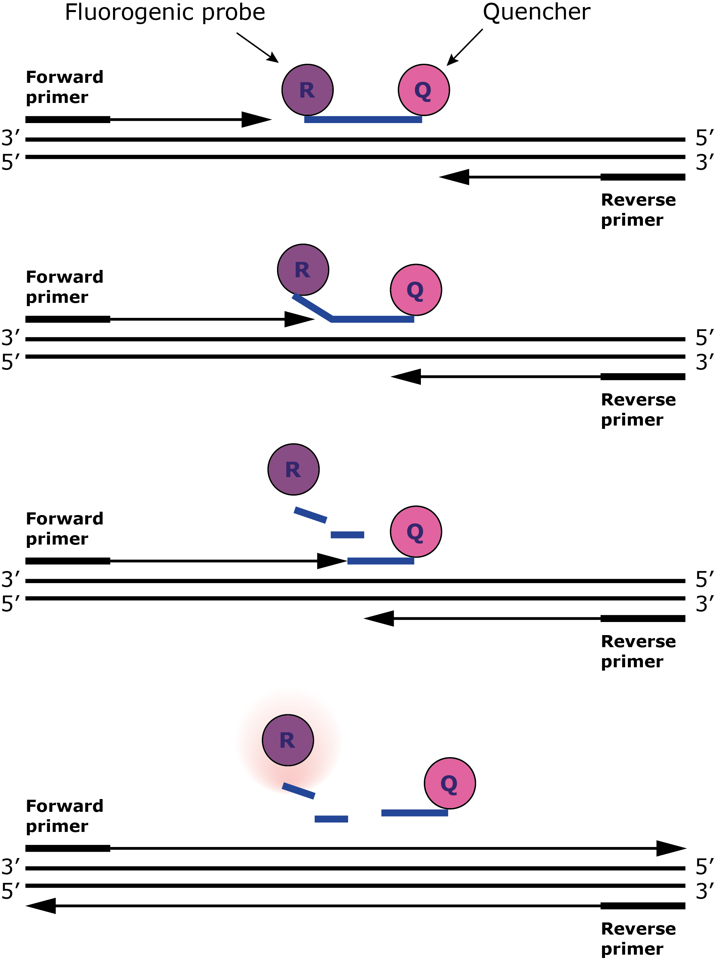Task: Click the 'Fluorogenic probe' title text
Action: [165, 12]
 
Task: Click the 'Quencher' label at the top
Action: [536, 12]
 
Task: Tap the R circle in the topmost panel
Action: [307, 90]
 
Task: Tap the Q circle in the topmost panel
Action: [424, 90]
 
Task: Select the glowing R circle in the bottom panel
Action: [288, 740]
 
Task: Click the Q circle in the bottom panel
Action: [449, 783]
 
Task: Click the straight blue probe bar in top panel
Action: [363, 119]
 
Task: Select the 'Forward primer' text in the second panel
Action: [64, 286]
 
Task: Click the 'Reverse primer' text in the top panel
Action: [638, 210]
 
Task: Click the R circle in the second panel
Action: [303, 270]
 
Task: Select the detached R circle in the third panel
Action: [293, 469]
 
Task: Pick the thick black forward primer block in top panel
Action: [67, 119]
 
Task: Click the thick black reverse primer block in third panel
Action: [642, 618]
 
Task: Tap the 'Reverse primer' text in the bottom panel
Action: [638, 939]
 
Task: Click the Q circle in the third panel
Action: [416, 531]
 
